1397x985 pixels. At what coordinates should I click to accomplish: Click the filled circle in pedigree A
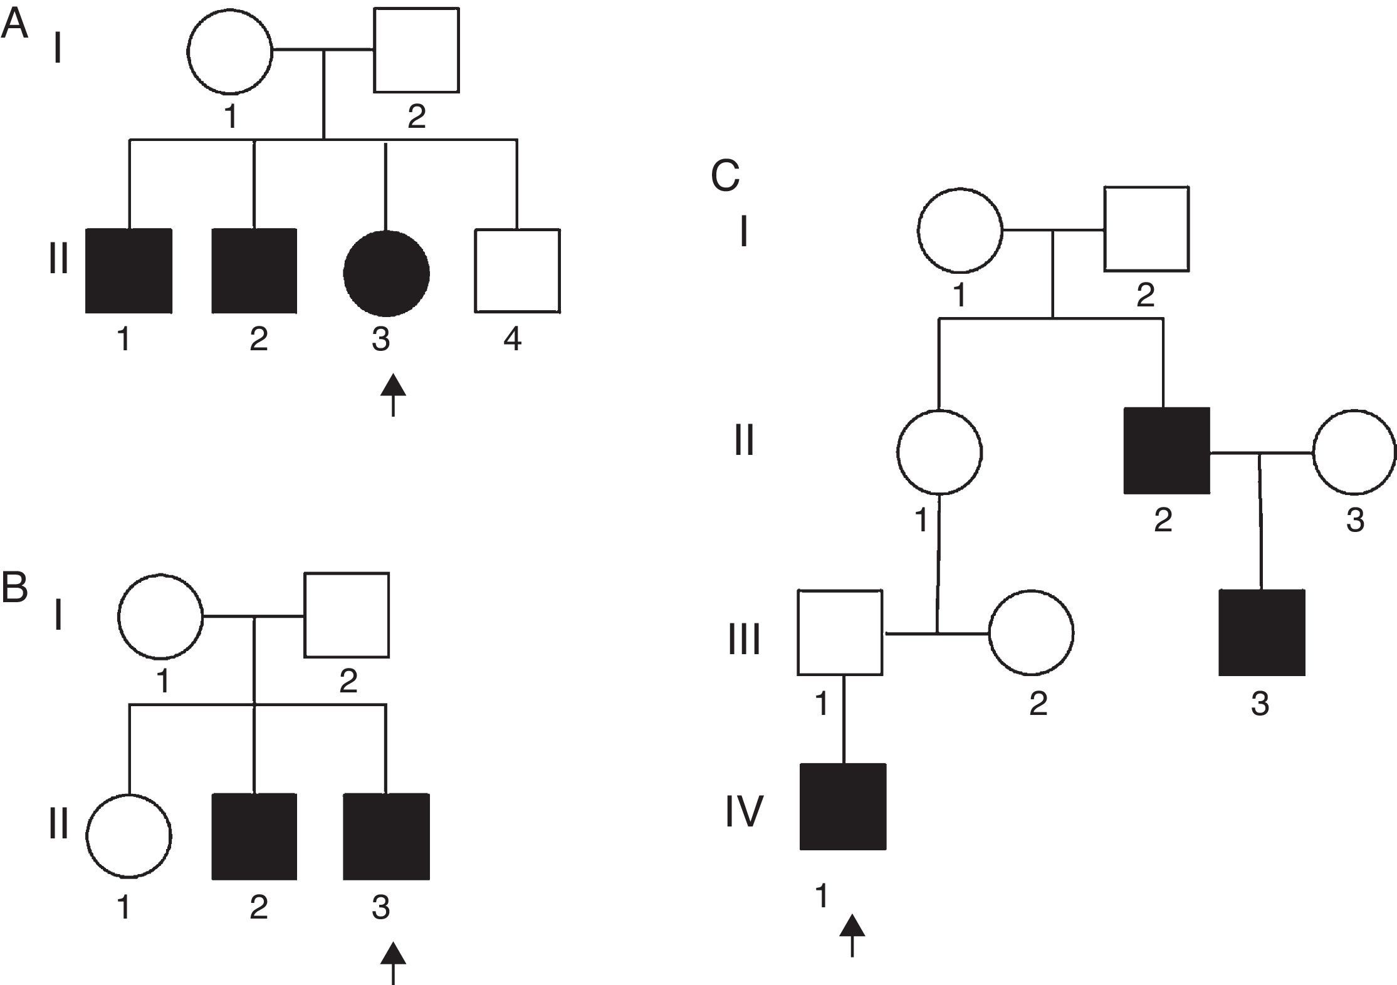pyautogui.click(x=386, y=273)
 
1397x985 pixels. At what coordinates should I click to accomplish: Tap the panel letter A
pyautogui.click(x=14, y=25)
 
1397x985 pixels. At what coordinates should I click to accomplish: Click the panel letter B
pyautogui.click(x=14, y=588)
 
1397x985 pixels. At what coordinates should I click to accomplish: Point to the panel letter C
pyautogui.click(x=726, y=175)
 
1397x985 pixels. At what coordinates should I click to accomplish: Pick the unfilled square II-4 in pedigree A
pyautogui.click(x=517, y=271)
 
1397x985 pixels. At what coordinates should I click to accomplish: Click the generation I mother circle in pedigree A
pyautogui.click(x=231, y=51)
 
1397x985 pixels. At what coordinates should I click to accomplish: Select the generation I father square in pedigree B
pyautogui.click(x=347, y=615)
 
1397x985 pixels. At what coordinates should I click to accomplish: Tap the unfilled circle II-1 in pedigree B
pyautogui.click(x=128, y=836)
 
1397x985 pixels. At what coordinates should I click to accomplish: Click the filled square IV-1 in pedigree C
pyautogui.click(x=844, y=806)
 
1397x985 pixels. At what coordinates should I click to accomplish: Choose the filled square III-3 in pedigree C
pyautogui.click(x=1262, y=632)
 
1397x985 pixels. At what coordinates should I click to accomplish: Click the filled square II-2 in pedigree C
pyautogui.click(x=1166, y=451)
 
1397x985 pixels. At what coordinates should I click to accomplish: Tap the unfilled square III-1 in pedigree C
pyautogui.click(x=840, y=632)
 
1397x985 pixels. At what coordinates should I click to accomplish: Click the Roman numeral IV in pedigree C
pyautogui.click(x=745, y=811)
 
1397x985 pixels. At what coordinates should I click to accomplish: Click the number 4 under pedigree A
pyautogui.click(x=513, y=339)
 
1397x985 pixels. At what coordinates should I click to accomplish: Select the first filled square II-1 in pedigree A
pyautogui.click(x=128, y=271)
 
